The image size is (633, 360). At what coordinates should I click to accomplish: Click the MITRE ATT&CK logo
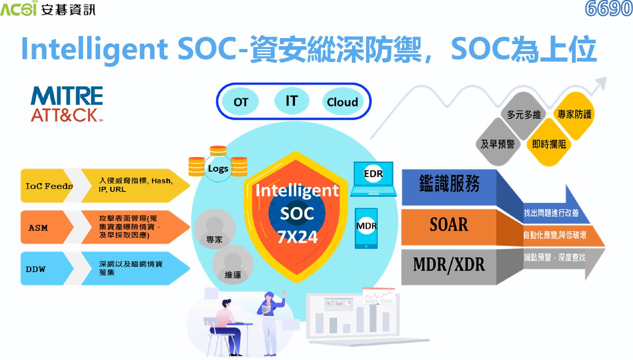[67, 104]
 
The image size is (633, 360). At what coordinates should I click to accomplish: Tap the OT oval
[241, 102]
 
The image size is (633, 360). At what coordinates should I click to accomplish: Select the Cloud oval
[343, 102]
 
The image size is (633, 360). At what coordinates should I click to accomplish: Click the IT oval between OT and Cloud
[292, 101]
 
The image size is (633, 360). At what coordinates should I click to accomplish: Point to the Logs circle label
[218, 168]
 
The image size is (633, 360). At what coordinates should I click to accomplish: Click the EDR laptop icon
[373, 179]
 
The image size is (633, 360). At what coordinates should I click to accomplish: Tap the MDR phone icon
[366, 228]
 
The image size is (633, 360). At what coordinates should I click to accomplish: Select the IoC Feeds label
[49, 186]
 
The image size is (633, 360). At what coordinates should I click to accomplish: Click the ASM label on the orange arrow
[38, 228]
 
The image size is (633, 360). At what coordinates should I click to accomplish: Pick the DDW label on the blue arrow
[35, 269]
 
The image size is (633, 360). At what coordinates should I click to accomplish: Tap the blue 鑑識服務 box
[449, 187]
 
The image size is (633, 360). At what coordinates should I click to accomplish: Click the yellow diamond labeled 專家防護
[575, 115]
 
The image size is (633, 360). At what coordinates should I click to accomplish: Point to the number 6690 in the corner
[608, 9]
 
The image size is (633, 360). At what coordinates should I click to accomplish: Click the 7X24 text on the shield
[297, 237]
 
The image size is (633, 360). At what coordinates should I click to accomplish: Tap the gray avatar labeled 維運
[233, 264]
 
